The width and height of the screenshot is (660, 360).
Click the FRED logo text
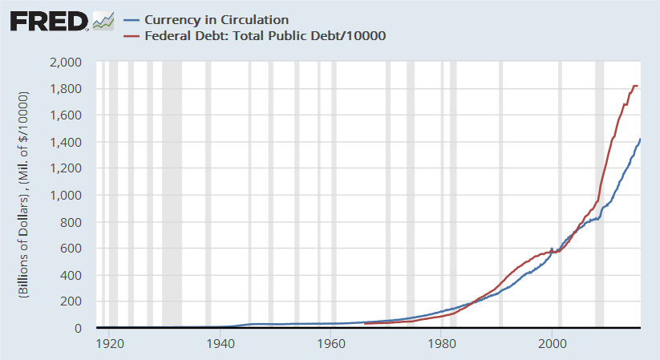[x=48, y=20]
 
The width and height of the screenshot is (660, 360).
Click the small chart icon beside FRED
[x=103, y=21]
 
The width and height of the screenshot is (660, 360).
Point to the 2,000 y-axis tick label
[x=67, y=63]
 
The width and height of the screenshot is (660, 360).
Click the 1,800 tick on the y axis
[x=67, y=89]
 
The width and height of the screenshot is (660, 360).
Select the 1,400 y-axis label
[x=67, y=142]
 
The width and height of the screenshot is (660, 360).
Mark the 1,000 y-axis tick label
[x=67, y=196]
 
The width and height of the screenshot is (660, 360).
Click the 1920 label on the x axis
[x=109, y=344]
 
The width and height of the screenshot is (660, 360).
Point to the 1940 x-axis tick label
[x=220, y=344]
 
